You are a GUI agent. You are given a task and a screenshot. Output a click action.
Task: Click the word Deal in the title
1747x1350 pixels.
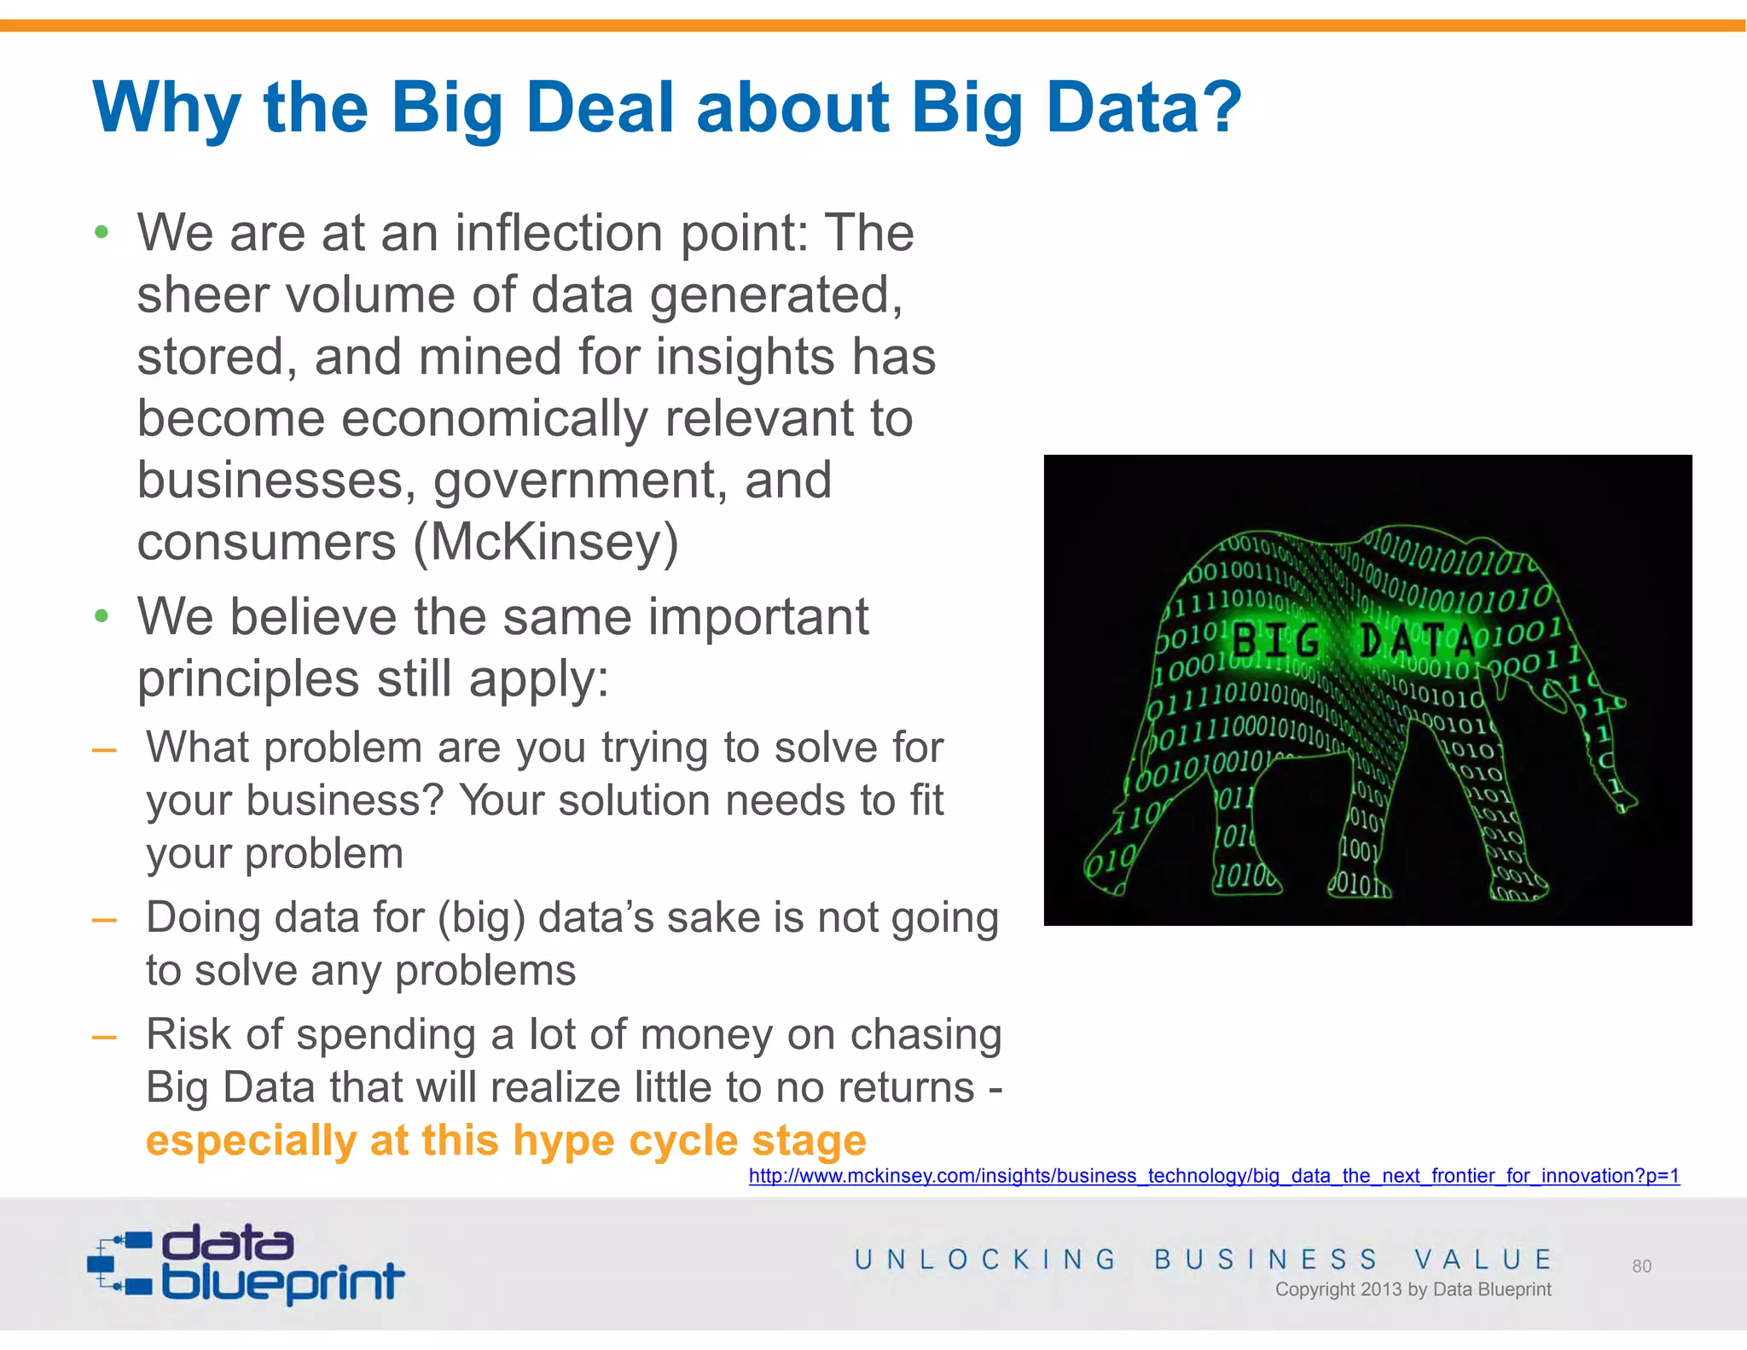[x=600, y=108]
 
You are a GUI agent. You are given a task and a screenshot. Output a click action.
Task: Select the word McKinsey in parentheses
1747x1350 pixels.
[x=546, y=543]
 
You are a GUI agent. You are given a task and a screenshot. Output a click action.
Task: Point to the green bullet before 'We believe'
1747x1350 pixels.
[x=102, y=616]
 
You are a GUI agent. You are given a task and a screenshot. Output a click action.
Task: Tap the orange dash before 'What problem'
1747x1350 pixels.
[x=104, y=750]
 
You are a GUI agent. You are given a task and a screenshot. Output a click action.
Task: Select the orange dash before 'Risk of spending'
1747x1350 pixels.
[x=104, y=1037]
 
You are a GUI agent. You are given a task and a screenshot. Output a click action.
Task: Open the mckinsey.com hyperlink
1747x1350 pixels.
[x=1214, y=1176]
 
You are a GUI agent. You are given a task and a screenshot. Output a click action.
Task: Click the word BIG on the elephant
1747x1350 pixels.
[x=1276, y=641]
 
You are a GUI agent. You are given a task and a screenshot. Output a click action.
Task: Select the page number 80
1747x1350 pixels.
[x=1641, y=1266]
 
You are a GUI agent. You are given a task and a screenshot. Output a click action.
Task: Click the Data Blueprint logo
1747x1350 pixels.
[x=246, y=1264]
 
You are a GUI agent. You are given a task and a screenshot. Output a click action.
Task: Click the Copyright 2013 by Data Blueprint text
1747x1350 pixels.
[x=1413, y=1289]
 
